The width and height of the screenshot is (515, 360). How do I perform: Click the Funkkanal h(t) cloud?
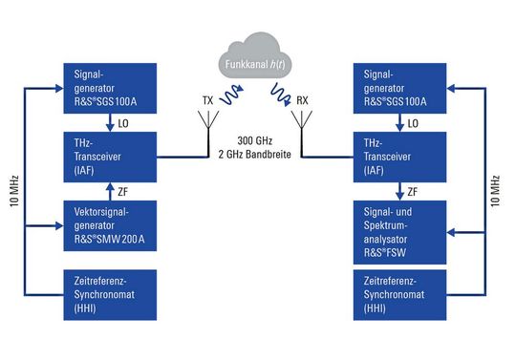[255, 54]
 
